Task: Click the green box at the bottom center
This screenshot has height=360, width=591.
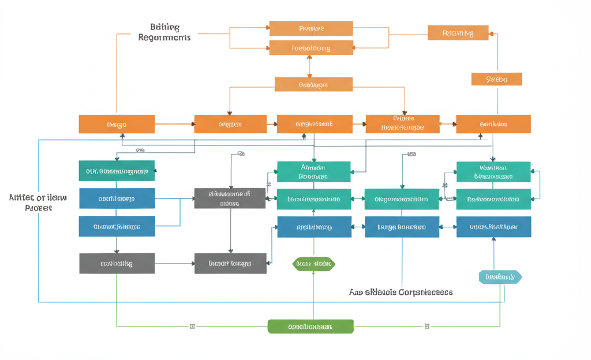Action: pos(311,326)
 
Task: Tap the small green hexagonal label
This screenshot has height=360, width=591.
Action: pos(313,264)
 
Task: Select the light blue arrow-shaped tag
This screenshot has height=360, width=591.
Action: pos(500,277)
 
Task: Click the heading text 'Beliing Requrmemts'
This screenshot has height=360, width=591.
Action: pos(164,32)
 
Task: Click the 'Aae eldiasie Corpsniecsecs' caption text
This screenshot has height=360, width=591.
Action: pos(401,292)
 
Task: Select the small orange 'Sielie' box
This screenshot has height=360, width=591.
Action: pos(496,79)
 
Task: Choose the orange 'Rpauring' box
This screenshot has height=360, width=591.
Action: pos(458,33)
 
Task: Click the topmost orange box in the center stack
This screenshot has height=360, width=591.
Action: pos(311,28)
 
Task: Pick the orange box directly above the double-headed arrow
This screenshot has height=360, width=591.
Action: pos(311,48)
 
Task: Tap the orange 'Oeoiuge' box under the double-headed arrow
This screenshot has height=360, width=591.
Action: pos(313,84)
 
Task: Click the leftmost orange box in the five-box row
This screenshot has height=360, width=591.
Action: pos(117,124)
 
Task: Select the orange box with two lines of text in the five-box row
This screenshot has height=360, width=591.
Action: pos(402,124)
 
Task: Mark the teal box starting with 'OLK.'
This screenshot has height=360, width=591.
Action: pos(117,171)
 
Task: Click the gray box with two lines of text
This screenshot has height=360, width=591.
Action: pos(229,198)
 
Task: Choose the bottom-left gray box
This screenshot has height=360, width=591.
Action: pos(117,263)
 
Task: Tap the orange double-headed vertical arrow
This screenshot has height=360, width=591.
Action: pos(310,66)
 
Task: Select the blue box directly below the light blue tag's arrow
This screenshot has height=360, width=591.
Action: pos(493,227)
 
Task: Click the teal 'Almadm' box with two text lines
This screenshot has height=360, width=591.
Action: pos(313,171)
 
